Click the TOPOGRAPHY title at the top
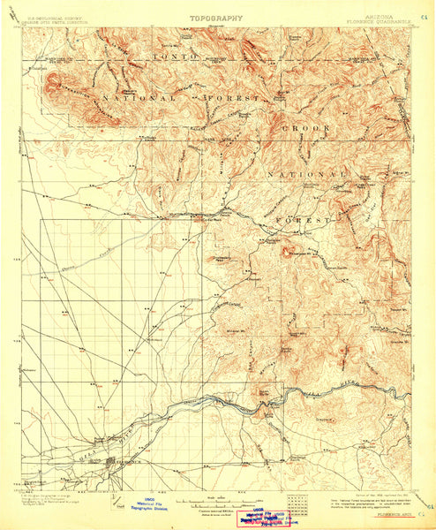[x=217, y=16]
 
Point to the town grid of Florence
[x=116, y=461]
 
